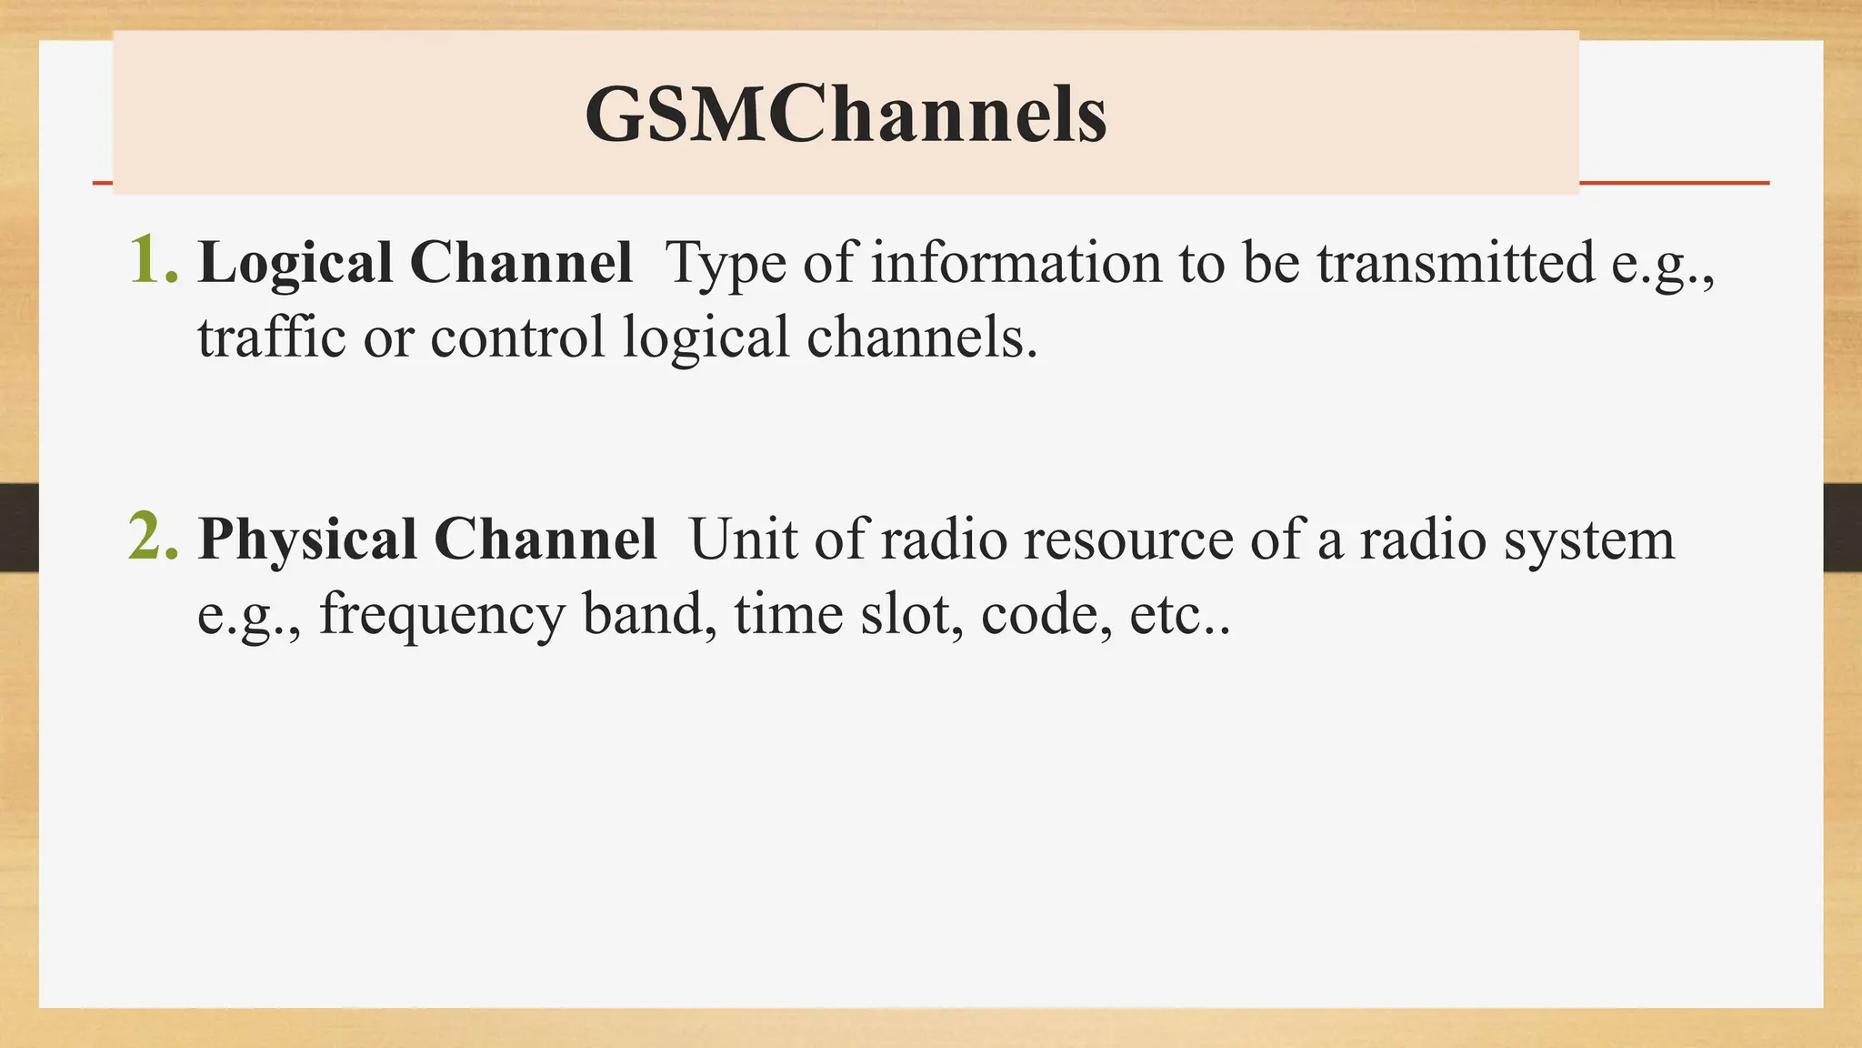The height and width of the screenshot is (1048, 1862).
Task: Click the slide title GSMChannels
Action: point(846,115)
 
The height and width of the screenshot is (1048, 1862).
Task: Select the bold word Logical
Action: point(295,264)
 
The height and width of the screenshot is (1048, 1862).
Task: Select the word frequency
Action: point(442,615)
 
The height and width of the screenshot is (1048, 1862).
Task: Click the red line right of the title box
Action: point(1674,183)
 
